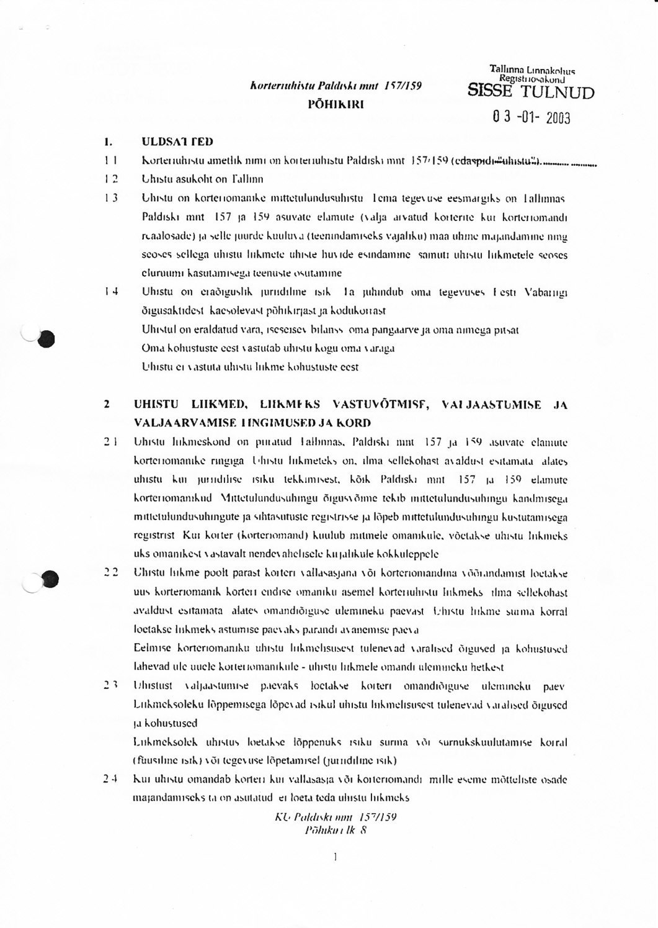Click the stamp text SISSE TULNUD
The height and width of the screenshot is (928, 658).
point(530,92)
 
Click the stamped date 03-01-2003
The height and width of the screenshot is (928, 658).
point(531,117)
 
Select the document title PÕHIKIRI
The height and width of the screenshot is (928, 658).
point(336,104)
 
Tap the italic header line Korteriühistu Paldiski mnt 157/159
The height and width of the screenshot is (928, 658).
point(336,86)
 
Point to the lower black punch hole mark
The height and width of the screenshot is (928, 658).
point(50,579)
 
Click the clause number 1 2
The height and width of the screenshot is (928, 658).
point(112,179)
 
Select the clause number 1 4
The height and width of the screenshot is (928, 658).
point(112,291)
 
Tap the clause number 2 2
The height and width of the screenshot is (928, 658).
point(111,574)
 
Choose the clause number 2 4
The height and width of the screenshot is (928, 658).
point(111,779)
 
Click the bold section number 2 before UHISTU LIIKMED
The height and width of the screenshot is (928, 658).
point(107,405)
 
